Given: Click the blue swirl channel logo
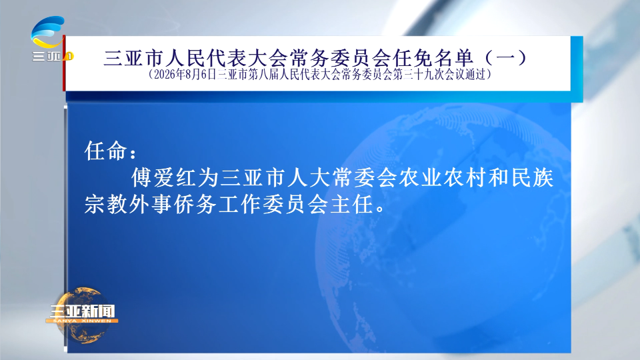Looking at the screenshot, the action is click(x=48, y=32).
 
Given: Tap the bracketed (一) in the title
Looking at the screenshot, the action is click(x=506, y=58).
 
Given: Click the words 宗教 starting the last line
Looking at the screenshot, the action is click(x=106, y=204).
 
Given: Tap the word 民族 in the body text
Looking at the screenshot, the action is click(x=532, y=178).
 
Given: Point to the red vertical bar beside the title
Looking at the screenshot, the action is click(x=64, y=63).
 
